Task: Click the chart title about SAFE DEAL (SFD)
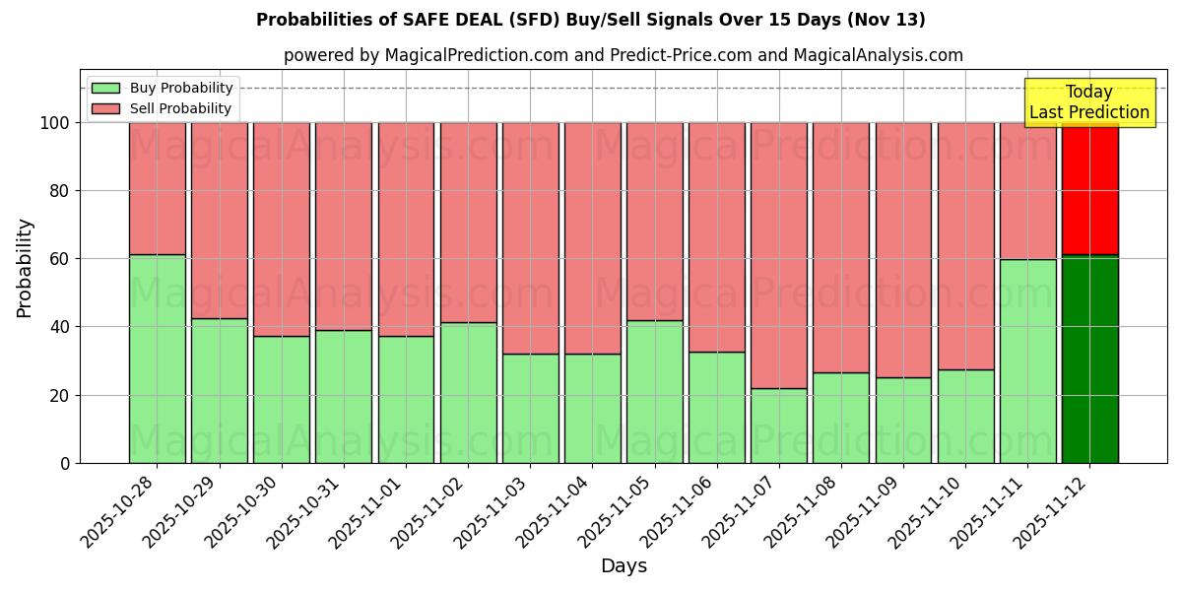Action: pyautogui.click(x=590, y=20)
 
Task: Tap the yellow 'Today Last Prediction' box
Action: pyautogui.click(x=1088, y=102)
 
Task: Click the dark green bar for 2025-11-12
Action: pyautogui.click(x=1089, y=360)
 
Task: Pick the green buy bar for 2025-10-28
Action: pyautogui.click(x=157, y=360)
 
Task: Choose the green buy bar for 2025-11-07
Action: pyautogui.click(x=778, y=426)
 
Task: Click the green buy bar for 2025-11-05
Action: pyautogui.click(x=654, y=392)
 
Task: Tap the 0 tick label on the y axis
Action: pyautogui.click(x=65, y=463)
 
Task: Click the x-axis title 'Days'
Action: pyautogui.click(x=623, y=566)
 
